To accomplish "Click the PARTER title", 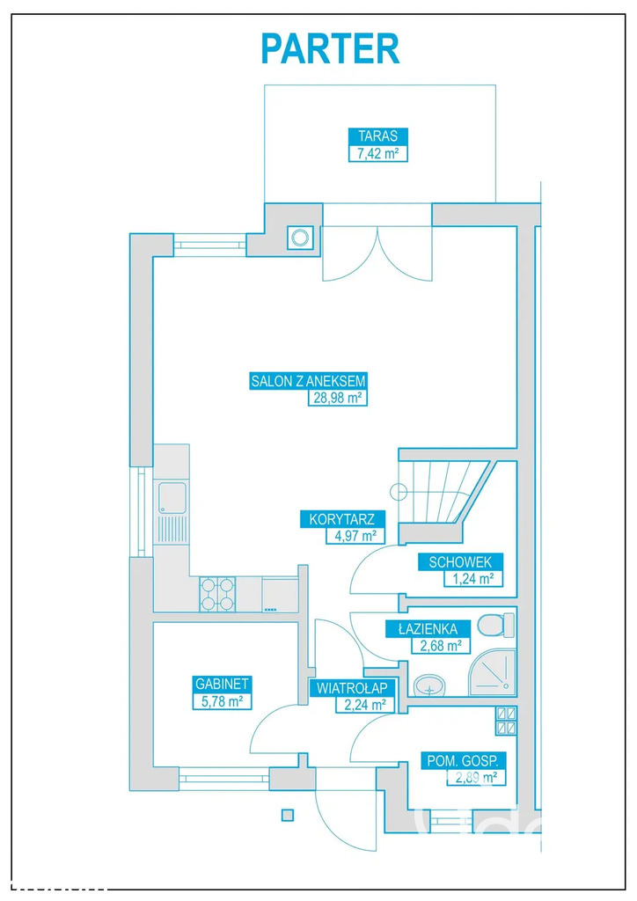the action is coord(330,49).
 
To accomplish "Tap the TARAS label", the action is coord(378,136).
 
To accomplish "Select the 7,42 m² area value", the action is coord(378,153).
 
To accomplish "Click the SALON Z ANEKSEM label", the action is coord(308,381).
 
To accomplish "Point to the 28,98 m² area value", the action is coord(337,398).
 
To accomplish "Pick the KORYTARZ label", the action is coord(342,519).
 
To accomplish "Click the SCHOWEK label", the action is coord(461,561).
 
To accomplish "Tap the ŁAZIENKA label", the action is coord(428,628).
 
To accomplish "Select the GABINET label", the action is coord(223,684).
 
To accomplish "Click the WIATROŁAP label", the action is coord(352,688).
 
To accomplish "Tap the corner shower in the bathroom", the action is coord(492,672).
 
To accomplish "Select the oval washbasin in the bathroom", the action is coord(429,685).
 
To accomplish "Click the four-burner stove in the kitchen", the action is coord(217,594).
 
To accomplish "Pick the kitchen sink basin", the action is coord(172,498).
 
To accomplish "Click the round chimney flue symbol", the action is coord(300,238).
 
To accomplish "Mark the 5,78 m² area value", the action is coord(223,701).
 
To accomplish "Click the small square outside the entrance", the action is coord(288,814).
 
